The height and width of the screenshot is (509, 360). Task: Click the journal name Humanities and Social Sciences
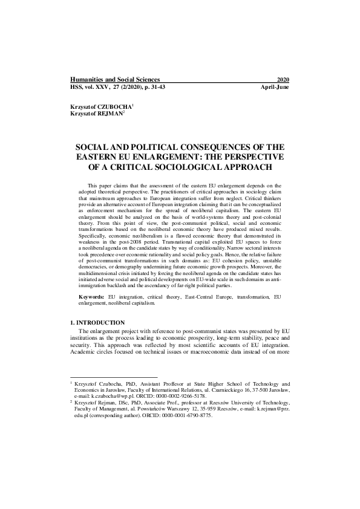(x=115, y=79)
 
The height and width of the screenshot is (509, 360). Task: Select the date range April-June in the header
(x=274, y=87)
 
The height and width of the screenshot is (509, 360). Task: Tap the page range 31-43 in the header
(x=155, y=87)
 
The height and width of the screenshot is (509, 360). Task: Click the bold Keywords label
(x=91, y=298)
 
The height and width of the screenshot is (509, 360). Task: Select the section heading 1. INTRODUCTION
(x=97, y=323)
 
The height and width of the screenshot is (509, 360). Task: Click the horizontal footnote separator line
(x=105, y=378)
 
